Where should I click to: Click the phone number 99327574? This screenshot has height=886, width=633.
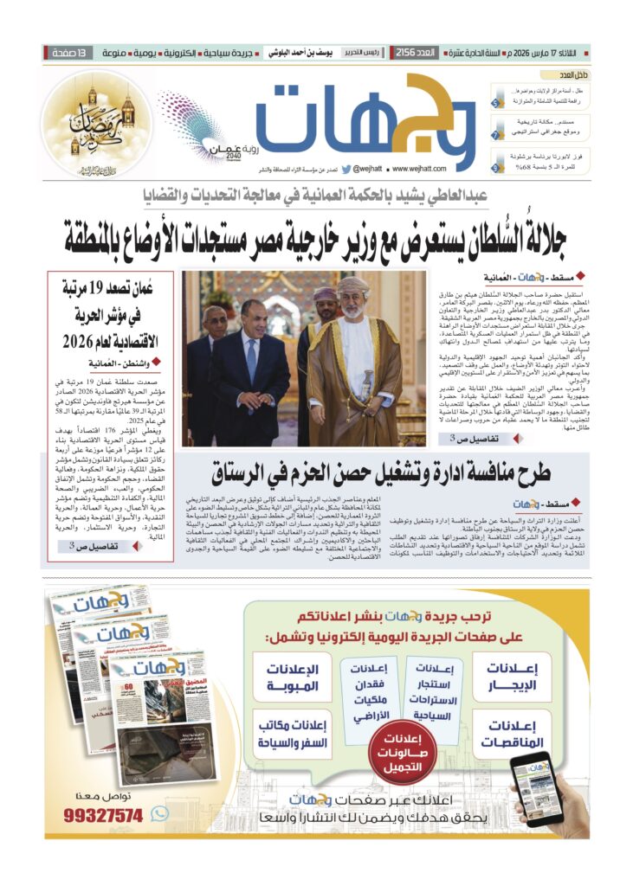click(105, 815)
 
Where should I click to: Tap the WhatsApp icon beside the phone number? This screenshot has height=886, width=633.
click(159, 813)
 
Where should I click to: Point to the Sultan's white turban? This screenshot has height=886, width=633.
click(353, 285)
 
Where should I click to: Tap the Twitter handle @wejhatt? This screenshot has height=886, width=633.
click(357, 169)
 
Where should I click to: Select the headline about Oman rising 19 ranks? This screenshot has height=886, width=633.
click(115, 315)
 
